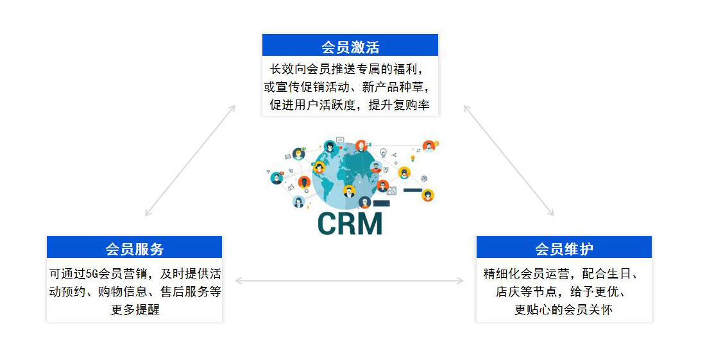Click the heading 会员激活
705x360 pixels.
tap(350, 47)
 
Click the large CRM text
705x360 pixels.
tap(350, 223)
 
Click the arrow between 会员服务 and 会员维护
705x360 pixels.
tap(350, 280)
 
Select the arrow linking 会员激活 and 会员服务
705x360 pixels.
tap(190, 160)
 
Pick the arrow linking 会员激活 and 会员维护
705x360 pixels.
tap(509, 160)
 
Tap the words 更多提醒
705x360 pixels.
tap(135, 309)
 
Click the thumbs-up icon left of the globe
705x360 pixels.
tap(290, 187)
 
